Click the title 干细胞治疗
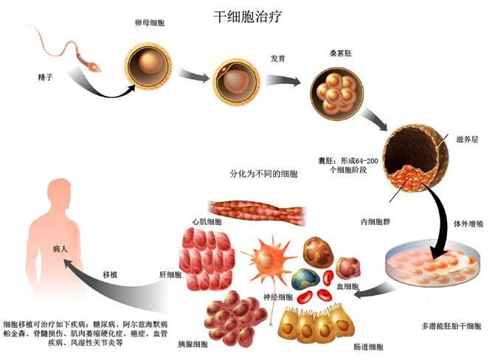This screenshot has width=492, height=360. point(248,17)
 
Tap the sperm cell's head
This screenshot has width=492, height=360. point(94,67)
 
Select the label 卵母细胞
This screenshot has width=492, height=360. point(150,23)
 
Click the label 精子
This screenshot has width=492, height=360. point(45,77)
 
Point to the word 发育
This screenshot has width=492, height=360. point(277,59)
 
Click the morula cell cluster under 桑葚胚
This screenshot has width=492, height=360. point(336,93)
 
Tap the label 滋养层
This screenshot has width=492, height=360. point(467,139)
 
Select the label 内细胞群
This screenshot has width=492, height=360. point(375,222)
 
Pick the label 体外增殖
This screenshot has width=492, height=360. point(468,224)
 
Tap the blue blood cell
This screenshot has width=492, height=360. point(305,279)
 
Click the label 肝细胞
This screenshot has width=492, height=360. point(170,275)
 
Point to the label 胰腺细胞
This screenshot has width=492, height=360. point(193,345)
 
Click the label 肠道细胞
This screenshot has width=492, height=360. point(368,347)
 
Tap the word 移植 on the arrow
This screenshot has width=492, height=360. point(110,274)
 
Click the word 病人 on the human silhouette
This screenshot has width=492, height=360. point(60,249)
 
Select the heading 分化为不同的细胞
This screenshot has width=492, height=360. point(263,174)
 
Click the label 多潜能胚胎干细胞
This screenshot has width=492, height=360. point(451,326)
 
